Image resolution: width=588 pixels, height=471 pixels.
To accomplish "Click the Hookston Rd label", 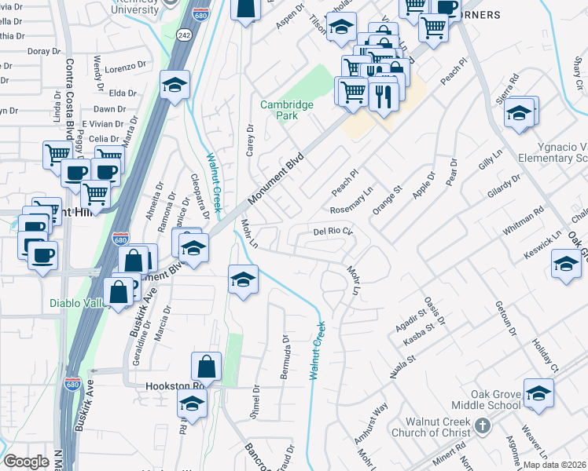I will pos(175,386).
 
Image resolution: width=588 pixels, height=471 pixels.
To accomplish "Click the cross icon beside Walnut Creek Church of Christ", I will pos(483,426).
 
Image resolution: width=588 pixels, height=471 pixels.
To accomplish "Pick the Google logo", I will pos(26,462).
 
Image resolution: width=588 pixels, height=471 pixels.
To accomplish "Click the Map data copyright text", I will pos(555,465).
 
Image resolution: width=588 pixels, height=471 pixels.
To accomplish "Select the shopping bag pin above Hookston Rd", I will pos(206,367).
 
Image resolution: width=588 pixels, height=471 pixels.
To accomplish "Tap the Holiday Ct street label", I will pos(543,356).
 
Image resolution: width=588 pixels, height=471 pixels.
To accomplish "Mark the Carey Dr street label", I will pos(251,141).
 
